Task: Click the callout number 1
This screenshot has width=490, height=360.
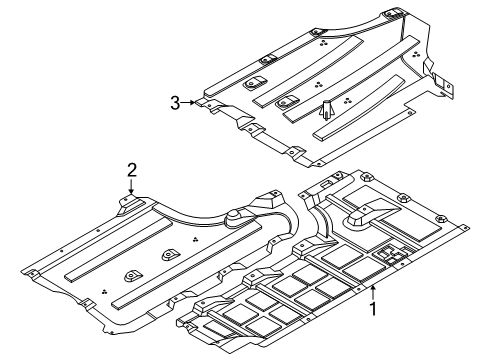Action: tap(373, 308)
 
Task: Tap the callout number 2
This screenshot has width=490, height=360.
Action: tap(132, 170)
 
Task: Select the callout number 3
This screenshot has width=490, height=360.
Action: tap(175, 103)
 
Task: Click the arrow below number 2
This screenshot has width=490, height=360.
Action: tap(132, 186)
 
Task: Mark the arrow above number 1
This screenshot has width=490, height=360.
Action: tap(373, 293)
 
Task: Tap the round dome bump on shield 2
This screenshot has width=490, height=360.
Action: tap(233, 216)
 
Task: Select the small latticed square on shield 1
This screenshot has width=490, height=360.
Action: tap(390, 255)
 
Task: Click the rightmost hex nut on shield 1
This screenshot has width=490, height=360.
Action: tap(440, 218)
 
